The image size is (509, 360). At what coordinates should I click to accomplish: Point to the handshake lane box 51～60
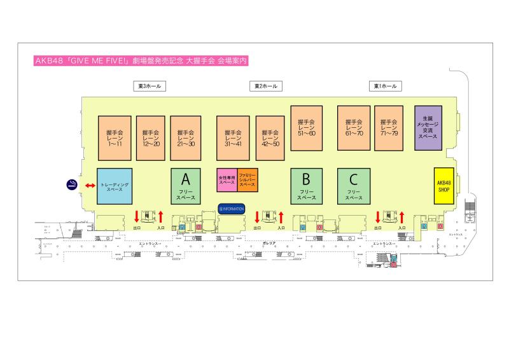[307, 127]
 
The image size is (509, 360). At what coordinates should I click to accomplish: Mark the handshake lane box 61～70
[354, 127]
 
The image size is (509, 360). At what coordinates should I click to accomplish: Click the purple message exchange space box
[428, 127]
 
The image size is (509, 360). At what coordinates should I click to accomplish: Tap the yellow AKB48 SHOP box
[444, 186]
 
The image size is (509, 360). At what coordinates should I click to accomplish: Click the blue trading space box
[115, 186]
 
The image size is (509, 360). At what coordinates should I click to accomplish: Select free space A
[186, 186]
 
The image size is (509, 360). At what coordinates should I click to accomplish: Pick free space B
[306, 186]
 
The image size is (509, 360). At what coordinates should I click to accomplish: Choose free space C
[354, 186]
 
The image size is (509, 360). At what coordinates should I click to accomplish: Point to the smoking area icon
[73, 185]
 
